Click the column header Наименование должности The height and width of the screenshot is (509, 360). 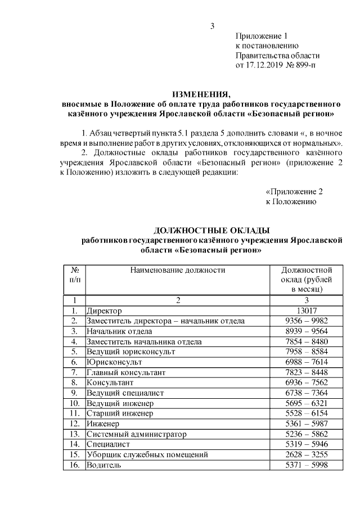pyautogui.click(x=178, y=270)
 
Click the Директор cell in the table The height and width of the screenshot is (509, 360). pyautogui.click(x=104, y=310)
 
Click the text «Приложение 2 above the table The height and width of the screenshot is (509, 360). pyautogui.click(x=294, y=191)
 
